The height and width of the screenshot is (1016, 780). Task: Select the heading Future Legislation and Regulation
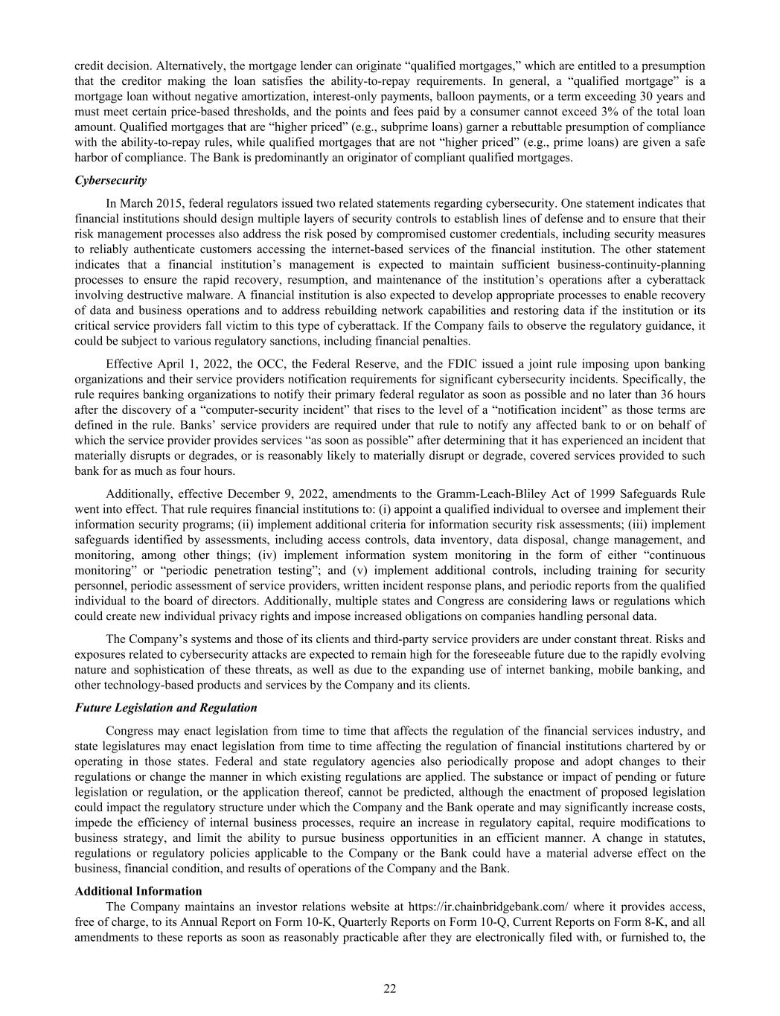(x=166, y=708)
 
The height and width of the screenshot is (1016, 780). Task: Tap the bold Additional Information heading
(x=138, y=891)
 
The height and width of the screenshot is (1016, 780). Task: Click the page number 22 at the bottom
(x=390, y=988)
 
